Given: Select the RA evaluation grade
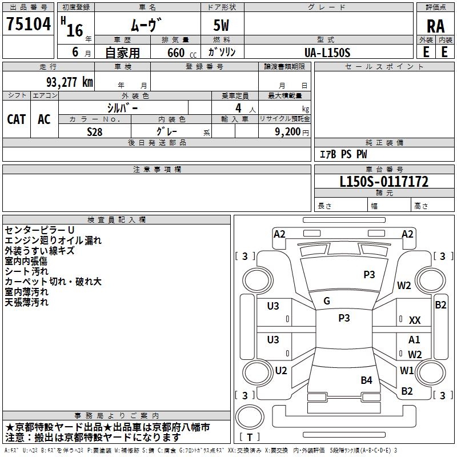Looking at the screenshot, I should [435, 26].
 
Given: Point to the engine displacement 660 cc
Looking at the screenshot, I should [176, 53].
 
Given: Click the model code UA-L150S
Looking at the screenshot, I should [327, 53].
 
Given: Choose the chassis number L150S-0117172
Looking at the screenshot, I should [384, 182].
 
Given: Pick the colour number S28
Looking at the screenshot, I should [95, 131].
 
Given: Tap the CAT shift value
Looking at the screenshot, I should [17, 119].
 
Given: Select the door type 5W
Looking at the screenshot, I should [222, 26].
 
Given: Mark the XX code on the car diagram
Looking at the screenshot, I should [415, 321].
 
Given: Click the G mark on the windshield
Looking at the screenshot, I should [327, 301].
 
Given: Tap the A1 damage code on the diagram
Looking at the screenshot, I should [414, 340].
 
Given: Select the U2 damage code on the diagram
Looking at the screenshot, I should [280, 371].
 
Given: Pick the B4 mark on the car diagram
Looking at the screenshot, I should [366, 380].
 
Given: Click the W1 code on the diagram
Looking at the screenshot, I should [407, 370].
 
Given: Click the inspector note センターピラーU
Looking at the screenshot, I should [39, 230].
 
